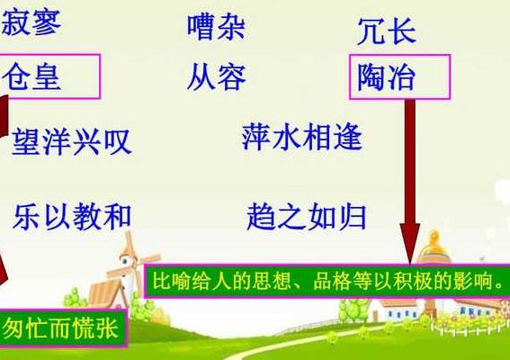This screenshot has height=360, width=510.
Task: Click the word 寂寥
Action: click(31, 22)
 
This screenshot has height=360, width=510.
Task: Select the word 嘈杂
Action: click(216, 27)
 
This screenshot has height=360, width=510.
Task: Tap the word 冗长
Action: click(387, 31)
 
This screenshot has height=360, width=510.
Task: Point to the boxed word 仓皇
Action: click(49, 76)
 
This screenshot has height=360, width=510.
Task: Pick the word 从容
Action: click(216, 76)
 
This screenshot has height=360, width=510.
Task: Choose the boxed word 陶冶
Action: click(399, 76)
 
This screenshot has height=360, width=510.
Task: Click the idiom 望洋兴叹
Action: click(72, 141)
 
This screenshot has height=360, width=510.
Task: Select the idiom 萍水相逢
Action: click(302, 137)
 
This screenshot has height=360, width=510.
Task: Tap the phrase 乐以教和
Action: click(72, 216)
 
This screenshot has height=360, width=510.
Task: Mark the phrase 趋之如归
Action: click(307, 217)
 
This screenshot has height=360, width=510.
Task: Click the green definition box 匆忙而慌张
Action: click(62, 328)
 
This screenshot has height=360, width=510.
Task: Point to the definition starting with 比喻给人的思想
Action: click(327, 281)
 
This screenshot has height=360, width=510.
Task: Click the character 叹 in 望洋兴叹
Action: click(118, 142)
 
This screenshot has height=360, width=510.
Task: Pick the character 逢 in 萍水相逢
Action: click(348, 137)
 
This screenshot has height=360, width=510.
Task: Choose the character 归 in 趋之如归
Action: click(353, 217)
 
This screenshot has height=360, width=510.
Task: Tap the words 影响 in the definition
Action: click(473, 281)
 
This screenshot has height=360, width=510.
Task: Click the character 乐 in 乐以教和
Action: click(27, 217)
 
